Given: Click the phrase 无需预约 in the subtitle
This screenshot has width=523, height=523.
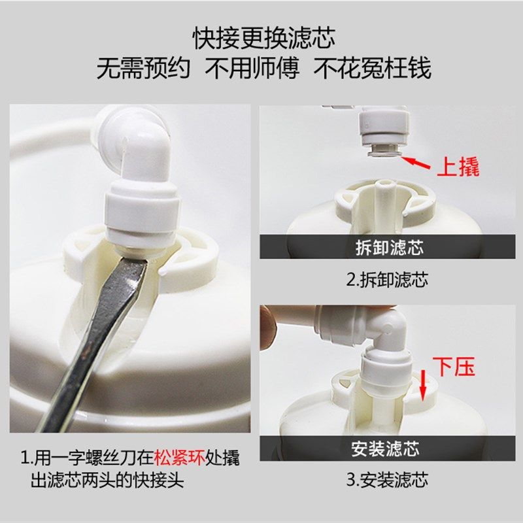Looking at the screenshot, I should (x=144, y=68).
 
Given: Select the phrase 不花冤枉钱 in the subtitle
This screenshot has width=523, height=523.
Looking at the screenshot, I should (x=373, y=68).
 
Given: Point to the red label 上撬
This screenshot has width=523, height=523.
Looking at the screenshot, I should (x=458, y=167).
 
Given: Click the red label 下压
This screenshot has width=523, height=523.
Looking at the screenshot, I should (x=455, y=367).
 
